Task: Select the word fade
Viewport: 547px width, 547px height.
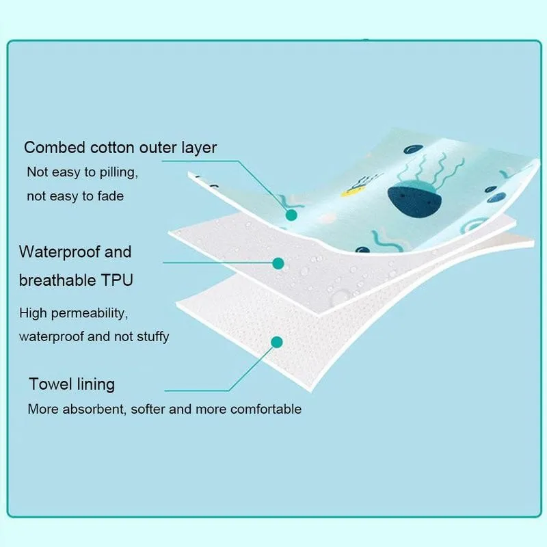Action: coord(111,196)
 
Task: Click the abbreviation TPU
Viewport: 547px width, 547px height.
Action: coord(116,280)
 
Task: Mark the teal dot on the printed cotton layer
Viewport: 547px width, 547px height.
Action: coord(291,215)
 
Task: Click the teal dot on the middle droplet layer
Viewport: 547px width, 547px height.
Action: coord(278,262)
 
